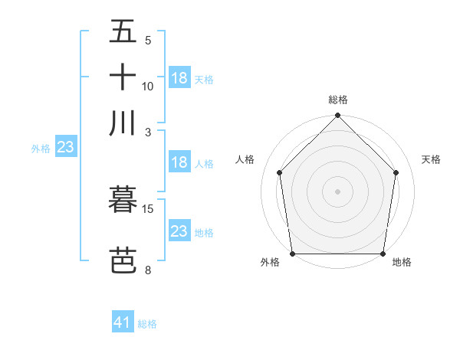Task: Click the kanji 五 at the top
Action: [123, 32]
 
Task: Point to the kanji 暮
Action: [123, 201]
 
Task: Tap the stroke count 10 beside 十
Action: [148, 86]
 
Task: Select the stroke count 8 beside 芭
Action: [148, 269]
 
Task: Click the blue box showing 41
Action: [123, 322]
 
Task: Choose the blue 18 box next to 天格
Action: [179, 77]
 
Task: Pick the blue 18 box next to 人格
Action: [179, 162]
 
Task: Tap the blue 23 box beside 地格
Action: [179, 231]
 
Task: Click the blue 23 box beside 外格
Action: [65, 147]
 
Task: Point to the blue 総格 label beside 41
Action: [147, 324]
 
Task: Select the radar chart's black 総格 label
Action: [338, 100]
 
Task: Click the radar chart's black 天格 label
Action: [432, 159]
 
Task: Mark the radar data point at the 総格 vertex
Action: [338, 116]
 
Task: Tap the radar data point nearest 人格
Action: [280, 172]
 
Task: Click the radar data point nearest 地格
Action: [383, 254]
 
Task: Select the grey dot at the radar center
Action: [338, 191]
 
